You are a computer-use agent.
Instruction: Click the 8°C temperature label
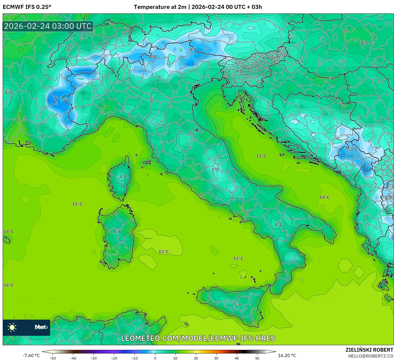tap(364, 43)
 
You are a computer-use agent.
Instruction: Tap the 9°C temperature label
tap(330, 78)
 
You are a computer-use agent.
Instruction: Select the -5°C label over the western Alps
tap(65, 100)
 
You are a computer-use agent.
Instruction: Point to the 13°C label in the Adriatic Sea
tap(261, 156)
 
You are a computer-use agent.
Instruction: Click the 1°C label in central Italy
tap(215, 170)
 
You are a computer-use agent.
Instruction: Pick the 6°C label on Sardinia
tap(117, 231)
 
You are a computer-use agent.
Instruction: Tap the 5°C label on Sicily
tap(238, 305)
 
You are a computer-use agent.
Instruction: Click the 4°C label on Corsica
tap(123, 177)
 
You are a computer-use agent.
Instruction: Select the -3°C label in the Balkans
tap(353, 149)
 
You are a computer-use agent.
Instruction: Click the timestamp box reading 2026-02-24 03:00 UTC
tap(48, 26)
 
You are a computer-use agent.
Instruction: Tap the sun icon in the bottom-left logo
tap(12, 327)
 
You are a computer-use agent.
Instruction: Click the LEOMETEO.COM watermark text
tap(198, 338)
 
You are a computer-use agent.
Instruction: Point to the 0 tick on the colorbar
tap(155, 358)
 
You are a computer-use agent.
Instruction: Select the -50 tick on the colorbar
tap(53, 358)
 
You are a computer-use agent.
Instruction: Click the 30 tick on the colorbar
tap(216, 358)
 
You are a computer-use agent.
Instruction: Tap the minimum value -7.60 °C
tap(31, 355)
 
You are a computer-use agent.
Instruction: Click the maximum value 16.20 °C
tap(287, 355)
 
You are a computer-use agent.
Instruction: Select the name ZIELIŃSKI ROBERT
tap(369, 350)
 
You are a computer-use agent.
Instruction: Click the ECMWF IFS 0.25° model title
tap(27, 7)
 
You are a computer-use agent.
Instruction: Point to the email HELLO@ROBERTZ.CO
tap(371, 356)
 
